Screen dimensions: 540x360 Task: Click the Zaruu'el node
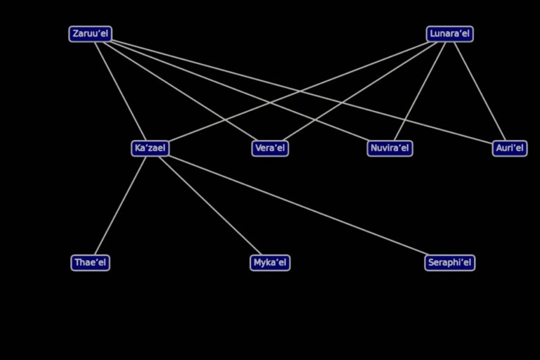90,34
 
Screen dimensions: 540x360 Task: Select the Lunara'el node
450,34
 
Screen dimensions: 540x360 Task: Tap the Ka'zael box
150,148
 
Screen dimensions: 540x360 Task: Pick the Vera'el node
270,148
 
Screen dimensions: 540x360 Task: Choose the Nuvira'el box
390,148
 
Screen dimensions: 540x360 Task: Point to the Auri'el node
510,148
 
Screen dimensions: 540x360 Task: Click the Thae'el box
90,263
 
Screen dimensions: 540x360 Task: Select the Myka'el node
270,263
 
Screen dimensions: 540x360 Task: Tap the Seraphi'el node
450,263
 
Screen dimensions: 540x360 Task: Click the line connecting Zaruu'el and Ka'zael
120,91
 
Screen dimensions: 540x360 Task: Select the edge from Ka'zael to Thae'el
120,206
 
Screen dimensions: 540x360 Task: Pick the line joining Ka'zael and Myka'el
210,206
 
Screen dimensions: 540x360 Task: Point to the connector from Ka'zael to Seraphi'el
298,205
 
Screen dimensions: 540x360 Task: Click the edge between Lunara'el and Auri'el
480,91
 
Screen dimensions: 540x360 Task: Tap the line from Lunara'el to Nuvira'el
420,91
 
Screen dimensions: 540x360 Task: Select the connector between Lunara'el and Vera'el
360,91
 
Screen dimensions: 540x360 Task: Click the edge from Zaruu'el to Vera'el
180,91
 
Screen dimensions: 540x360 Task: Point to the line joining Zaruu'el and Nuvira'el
240,91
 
